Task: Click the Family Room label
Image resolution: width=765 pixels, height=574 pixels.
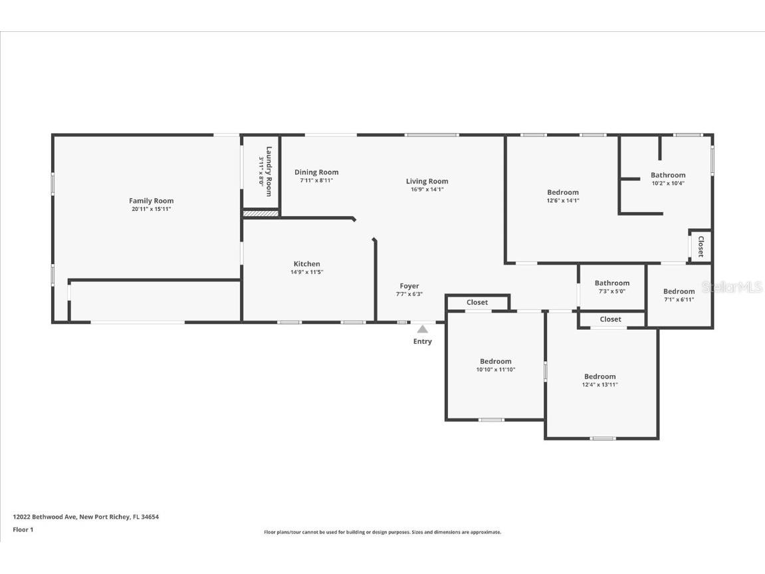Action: coord(152,201)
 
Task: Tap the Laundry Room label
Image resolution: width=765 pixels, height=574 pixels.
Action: coord(269,171)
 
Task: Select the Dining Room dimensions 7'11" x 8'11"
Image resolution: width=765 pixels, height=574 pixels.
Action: coord(316,180)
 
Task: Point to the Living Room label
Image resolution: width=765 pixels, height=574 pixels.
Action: coord(427,181)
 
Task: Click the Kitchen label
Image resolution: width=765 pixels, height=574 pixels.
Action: coord(307,264)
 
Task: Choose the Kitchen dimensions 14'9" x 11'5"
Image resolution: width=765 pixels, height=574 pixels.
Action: coord(307,272)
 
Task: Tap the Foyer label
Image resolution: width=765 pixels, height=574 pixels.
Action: coord(409,286)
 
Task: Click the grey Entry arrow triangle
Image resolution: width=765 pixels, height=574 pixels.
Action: coord(422,329)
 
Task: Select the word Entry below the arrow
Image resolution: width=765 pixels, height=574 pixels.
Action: coord(423,341)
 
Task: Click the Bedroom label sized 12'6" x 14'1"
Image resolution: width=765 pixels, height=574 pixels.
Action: coord(563,192)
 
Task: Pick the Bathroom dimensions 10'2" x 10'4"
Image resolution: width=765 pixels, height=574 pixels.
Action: coord(668,184)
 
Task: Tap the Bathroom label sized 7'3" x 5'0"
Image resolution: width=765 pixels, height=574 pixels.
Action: coord(612,283)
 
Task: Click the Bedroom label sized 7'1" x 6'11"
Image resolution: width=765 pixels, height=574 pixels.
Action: coord(679,291)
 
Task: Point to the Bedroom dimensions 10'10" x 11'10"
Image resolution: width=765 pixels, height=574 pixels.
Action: coord(496,370)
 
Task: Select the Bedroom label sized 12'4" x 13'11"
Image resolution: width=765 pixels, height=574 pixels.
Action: coord(600,376)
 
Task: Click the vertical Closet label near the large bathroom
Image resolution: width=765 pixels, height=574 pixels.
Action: coord(701,246)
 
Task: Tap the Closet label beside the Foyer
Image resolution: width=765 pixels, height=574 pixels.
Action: coord(477,303)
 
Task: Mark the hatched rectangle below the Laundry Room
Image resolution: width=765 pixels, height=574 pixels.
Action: coord(261,214)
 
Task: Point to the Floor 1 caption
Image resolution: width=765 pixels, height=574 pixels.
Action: coord(23,530)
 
